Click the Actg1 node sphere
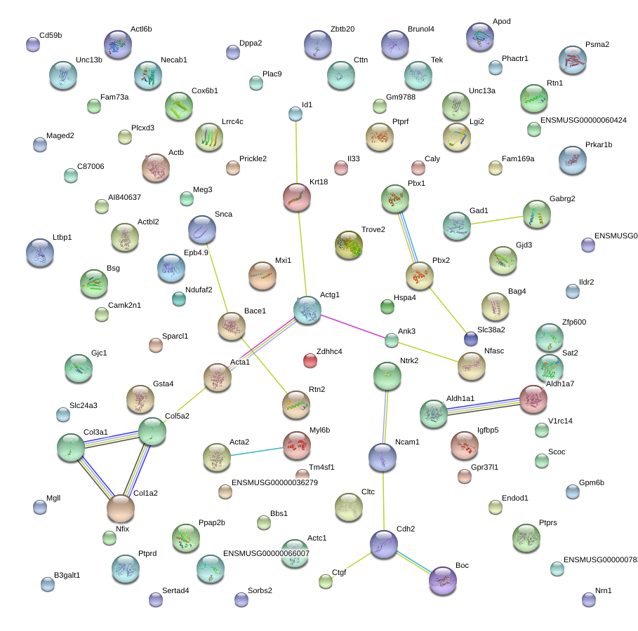click(x=307, y=310)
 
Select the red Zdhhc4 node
click(x=310, y=360)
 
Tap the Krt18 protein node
click(x=296, y=198)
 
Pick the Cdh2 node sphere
click(x=384, y=544)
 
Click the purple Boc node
click(x=442, y=581)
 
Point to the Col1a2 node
click(x=121, y=508)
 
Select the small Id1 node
click(x=295, y=113)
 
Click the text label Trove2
click(x=373, y=230)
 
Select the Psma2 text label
click(x=597, y=45)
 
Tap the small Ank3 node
click(x=392, y=341)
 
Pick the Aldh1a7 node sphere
click(x=533, y=398)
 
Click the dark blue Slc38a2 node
click(x=471, y=339)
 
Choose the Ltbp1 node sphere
click(x=39, y=253)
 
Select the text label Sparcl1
click(x=175, y=337)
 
